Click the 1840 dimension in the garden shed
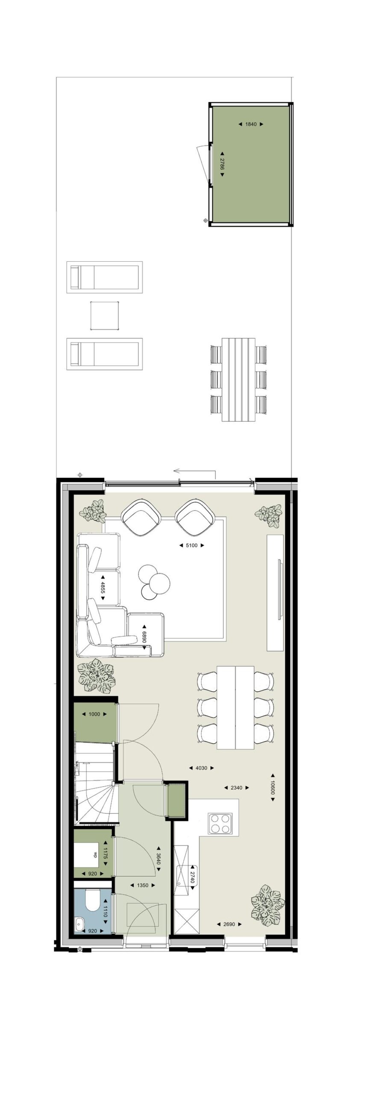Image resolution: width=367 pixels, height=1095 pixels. [251, 124]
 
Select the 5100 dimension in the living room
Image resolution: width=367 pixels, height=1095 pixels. [192, 545]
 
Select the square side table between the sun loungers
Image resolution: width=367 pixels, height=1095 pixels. [105, 315]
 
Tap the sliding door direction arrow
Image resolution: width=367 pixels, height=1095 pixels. [194, 472]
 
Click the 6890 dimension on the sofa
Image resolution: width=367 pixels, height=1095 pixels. [144, 637]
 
